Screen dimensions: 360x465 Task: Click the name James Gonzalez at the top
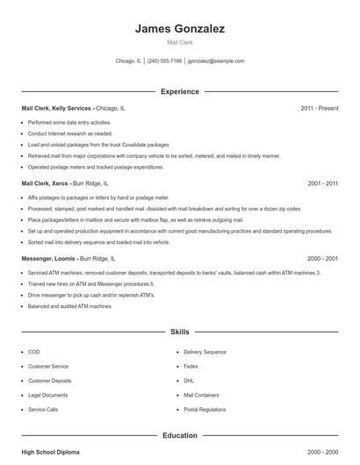point(180,29)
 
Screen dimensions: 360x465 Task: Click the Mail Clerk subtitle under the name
point(180,43)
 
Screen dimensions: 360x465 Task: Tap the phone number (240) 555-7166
point(164,61)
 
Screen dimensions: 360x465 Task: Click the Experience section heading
point(180,91)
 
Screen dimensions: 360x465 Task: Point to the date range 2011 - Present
point(319,108)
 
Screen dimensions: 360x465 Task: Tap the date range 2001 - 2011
point(322,184)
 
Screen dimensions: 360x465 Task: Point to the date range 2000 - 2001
point(322,259)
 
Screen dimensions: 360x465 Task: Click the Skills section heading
point(180,333)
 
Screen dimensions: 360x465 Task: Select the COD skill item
point(33,352)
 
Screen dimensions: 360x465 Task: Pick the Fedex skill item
point(191,366)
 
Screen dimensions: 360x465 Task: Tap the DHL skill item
point(189,381)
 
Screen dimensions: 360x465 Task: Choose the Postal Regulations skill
point(205,410)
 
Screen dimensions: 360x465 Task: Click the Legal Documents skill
point(47,395)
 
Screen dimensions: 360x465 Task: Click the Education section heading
point(180,435)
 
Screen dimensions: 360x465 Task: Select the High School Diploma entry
point(50,452)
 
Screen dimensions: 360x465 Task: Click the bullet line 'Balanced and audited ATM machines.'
point(70,306)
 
